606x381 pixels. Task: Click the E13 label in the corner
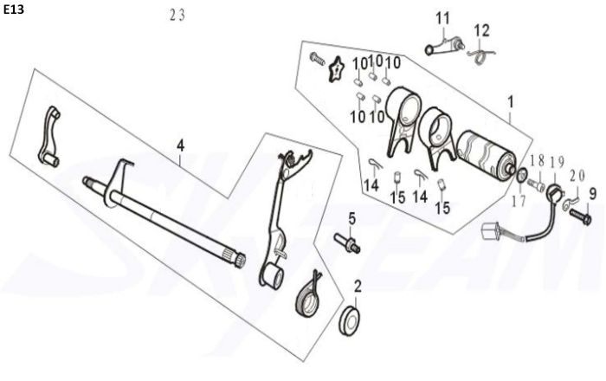coord(14,11)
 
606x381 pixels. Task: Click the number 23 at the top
coord(177,15)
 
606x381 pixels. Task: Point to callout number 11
coord(443,18)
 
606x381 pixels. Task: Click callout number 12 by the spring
coord(481,30)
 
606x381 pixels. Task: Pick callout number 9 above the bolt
coord(593,192)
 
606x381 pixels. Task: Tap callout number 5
coord(352,216)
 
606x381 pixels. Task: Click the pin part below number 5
coord(347,242)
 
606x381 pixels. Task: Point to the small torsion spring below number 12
coord(479,56)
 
